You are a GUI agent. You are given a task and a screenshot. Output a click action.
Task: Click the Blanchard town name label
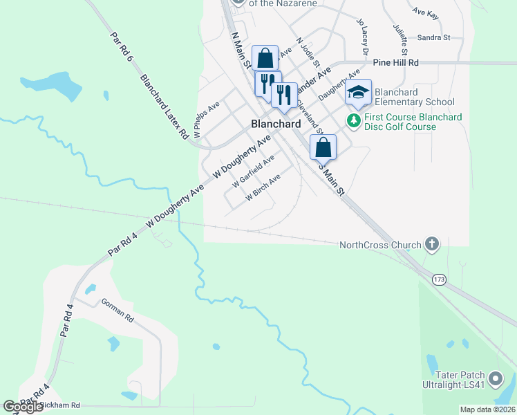[275, 123]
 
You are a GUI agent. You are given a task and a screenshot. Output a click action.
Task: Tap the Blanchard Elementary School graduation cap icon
[359, 92]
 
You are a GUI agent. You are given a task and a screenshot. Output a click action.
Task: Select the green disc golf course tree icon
[354, 121]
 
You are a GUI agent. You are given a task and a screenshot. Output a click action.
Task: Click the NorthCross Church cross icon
[432, 243]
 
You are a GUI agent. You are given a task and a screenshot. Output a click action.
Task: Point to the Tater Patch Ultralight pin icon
[495, 379]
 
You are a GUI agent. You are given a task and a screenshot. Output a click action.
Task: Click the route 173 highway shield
[438, 279]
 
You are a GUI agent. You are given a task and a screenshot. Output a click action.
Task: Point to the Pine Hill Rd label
[396, 62]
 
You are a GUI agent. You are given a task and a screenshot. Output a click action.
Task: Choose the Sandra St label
[433, 37]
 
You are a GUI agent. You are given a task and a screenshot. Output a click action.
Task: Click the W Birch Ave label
[263, 187]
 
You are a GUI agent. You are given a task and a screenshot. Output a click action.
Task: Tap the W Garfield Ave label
[254, 172]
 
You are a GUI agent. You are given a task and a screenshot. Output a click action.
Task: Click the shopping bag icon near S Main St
[323, 147]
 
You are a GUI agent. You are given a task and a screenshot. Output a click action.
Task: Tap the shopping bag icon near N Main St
[265, 58]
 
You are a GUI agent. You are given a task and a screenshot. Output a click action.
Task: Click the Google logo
[23, 407]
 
